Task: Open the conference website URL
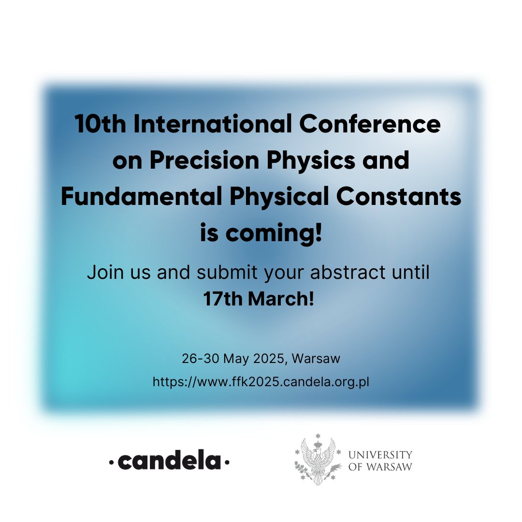tap(261, 382)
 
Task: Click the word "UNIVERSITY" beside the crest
tap(380, 455)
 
